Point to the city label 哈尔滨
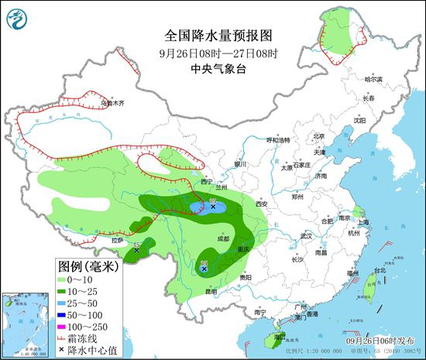click(374, 79)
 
